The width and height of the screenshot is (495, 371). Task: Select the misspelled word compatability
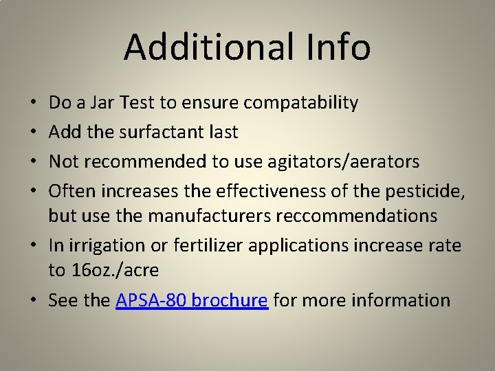[x=301, y=104]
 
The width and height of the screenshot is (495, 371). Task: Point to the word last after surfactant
[x=223, y=131]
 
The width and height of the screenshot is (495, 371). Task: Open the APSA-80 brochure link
[x=192, y=300]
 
